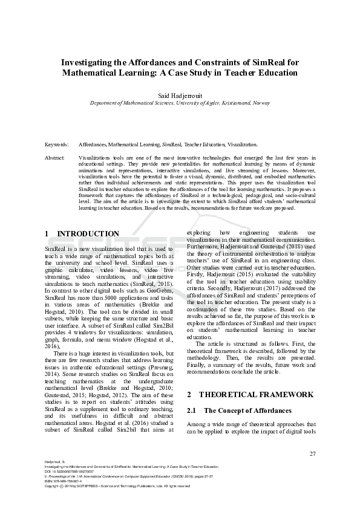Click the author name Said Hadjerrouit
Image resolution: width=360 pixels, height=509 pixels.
click(180, 96)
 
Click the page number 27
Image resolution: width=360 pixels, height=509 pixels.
click(312, 453)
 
